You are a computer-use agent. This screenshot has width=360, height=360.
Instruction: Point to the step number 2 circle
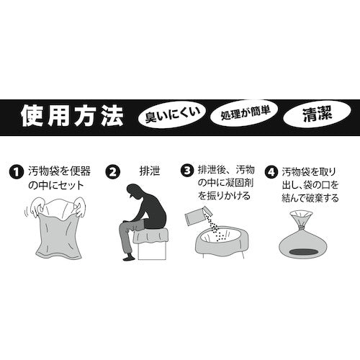112,172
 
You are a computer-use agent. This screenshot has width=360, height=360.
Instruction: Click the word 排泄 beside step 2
147,172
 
